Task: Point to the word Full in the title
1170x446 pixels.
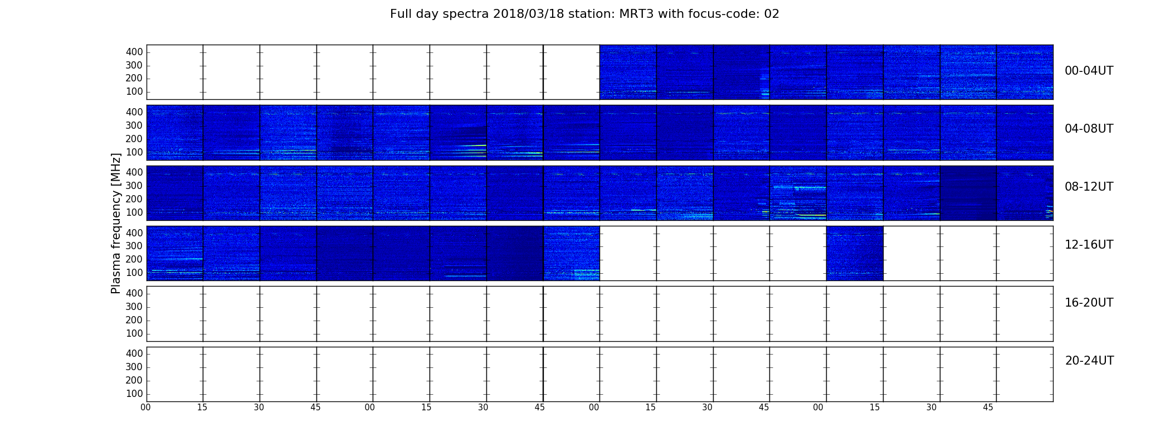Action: (x=400, y=14)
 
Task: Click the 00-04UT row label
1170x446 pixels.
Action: (x=1089, y=71)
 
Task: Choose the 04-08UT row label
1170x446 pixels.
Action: (x=1089, y=129)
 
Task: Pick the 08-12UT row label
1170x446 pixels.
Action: (x=1089, y=187)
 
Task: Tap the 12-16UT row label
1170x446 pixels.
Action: (x=1089, y=245)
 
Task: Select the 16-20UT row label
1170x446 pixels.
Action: (x=1089, y=303)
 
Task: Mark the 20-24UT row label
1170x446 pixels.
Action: (x=1089, y=361)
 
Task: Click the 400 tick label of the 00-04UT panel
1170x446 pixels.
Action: (x=134, y=52)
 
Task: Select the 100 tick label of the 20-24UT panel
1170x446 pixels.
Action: (x=134, y=394)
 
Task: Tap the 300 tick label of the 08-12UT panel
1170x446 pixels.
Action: (x=134, y=186)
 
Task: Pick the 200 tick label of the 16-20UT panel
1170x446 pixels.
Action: (x=134, y=320)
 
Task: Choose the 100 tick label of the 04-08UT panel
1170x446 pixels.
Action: (x=134, y=152)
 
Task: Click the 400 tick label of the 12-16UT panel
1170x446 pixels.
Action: (x=134, y=232)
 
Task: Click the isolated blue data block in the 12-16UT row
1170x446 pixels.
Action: (x=855, y=253)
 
